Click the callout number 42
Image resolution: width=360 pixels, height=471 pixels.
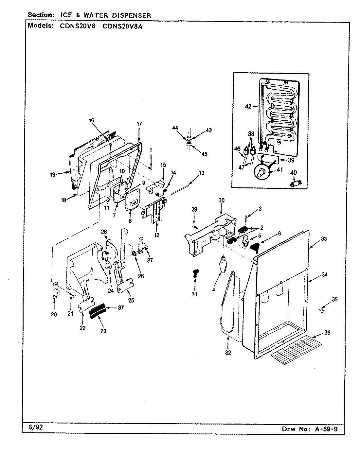click(248, 106)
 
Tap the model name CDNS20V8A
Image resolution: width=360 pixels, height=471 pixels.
click(122, 27)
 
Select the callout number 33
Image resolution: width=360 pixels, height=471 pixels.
click(324, 239)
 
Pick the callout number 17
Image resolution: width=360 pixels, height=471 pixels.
click(139, 123)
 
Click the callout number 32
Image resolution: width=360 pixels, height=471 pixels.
click(228, 352)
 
